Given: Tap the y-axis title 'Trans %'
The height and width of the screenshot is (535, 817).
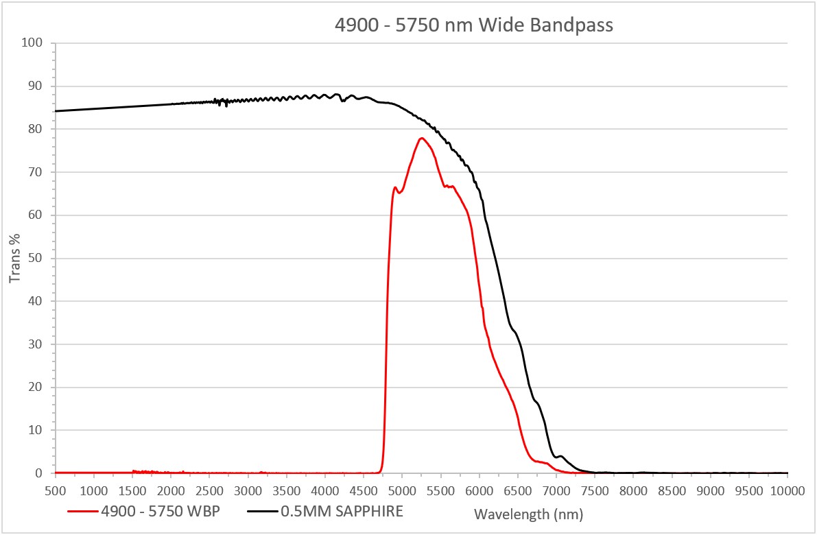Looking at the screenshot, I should [14, 259].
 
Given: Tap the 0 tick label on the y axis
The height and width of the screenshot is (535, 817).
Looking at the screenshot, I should [40, 473].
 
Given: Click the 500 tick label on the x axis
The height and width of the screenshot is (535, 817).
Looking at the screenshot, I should [55, 491].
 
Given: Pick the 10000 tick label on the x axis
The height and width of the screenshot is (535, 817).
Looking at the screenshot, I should [788, 491].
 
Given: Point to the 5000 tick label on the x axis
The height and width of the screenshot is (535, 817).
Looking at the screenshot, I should [402, 491].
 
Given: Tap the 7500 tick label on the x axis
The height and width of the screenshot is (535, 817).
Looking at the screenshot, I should [595, 491].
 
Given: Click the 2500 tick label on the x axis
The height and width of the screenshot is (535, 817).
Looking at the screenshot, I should [209, 491].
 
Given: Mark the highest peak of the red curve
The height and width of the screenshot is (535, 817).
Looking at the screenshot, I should [421, 138].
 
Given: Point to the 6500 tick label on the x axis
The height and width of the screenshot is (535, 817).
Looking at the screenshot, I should [517, 491].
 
